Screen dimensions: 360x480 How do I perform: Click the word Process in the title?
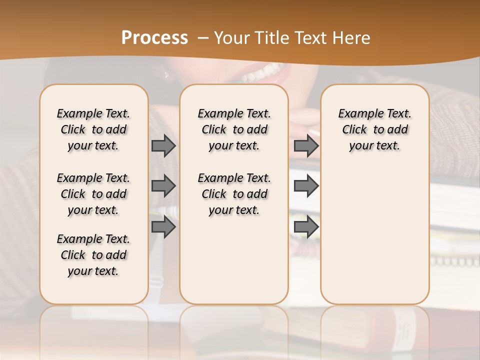[x=154, y=38]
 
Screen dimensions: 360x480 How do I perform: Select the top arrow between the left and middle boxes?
[x=163, y=145]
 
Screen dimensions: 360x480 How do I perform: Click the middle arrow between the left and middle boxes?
[x=163, y=186]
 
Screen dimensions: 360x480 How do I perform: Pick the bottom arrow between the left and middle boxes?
[x=163, y=227]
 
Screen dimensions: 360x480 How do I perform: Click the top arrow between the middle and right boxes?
[x=306, y=145]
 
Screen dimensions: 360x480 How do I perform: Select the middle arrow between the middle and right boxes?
[x=306, y=186]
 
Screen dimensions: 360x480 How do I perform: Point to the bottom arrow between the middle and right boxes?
[x=306, y=227]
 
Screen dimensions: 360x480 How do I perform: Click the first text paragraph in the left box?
[x=93, y=129]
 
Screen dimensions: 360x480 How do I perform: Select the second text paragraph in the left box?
[x=93, y=194]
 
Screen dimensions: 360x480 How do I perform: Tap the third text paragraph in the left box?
[x=93, y=255]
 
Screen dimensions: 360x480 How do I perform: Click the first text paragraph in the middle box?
[x=234, y=129]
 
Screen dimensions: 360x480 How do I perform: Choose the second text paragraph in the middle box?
[x=234, y=194]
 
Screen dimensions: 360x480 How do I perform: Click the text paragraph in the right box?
[x=375, y=129]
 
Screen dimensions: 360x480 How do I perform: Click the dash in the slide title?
[x=202, y=38]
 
